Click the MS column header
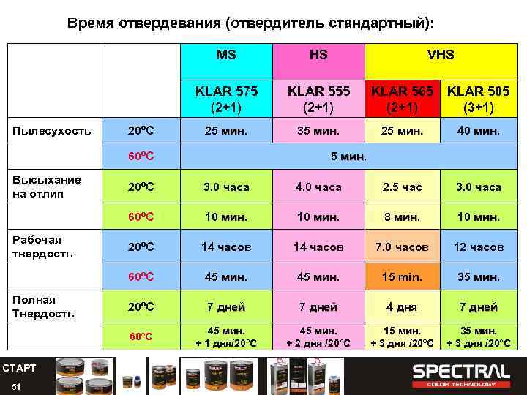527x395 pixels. point(226,55)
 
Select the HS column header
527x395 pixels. point(318,55)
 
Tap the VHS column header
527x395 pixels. point(441,55)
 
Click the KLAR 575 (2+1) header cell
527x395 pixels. point(226,99)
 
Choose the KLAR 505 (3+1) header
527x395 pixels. point(479,99)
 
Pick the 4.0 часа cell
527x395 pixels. point(318,187)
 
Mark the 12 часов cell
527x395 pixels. point(479,247)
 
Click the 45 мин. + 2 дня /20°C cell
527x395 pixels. point(318,337)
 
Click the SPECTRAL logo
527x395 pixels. point(461,373)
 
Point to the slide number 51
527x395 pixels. point(16,386)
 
